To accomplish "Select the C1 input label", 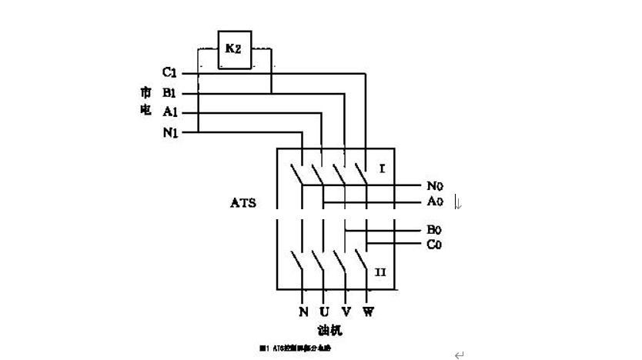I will (x=169, y=73).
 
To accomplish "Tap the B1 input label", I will (x=169, y=93).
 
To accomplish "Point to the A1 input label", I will (x=169, y=112).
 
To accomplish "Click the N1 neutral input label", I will (x=169, y=132).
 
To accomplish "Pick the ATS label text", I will (x=242, y=204).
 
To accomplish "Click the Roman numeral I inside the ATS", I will (x=381, y=168).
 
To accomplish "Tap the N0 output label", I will (x=435, y=186).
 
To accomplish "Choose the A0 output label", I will (x=435, y=202).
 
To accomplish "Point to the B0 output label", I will (x=435, y=229).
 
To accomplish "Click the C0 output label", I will (x=435, y=245).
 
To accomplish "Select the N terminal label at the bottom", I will (x=303, y=312).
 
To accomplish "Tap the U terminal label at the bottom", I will (x=324, y=312).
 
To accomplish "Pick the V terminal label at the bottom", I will (x=346, y=312).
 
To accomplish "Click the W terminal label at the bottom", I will (x=368, y=312).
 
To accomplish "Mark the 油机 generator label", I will (x=329, y=332).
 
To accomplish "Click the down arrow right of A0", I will (x=458, y=203).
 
